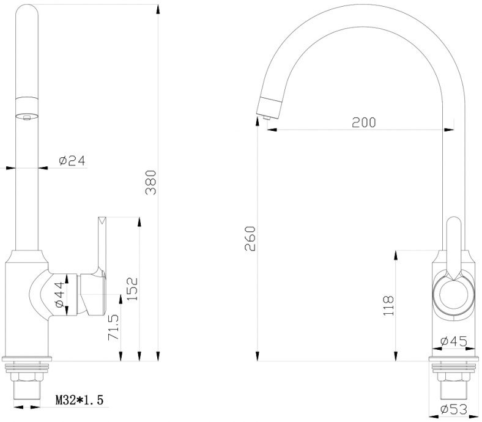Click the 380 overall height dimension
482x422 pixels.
click(151, 183)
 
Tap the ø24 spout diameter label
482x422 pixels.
click(72, 160)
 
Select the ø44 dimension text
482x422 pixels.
click(60, 295)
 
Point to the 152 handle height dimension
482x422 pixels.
click(133, 289)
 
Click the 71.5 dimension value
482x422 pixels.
click(114, 327)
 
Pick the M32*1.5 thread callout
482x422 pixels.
click(80, 400)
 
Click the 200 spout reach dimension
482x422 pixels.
click(364, 122)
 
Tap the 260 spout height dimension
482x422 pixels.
click(250, 239)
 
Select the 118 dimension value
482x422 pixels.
click(388, 305)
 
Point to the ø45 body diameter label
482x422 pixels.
click(454, 341)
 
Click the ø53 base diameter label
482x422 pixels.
click(454, 409)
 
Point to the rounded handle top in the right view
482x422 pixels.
click(454, 223)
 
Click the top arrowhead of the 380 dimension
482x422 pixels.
click(158, 9)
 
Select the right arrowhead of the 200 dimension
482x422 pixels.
click(449, 130)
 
